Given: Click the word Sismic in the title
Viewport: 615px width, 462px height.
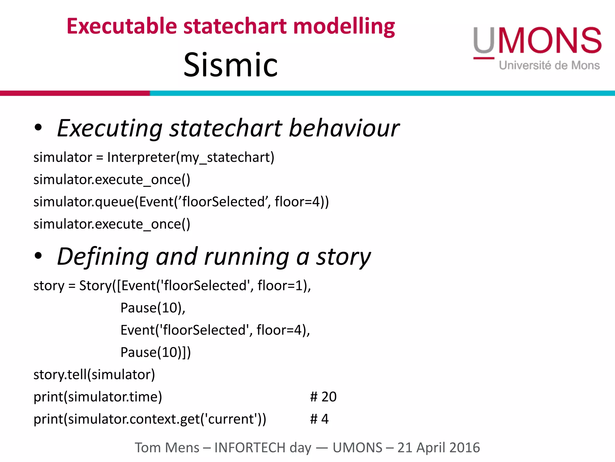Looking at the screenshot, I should pyautogui.click(x=231, y=64).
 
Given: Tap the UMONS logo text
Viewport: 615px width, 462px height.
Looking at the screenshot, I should pyautogui.click(x=537, y=40).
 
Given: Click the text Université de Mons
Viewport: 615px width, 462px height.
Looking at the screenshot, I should pyautogui.click(x=549, y=65).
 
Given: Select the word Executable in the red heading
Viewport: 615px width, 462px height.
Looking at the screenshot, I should pyautogui.click(x=122, y=26).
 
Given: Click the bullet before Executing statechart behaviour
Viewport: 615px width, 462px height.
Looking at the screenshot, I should pyautogui.click(x=38, y=128).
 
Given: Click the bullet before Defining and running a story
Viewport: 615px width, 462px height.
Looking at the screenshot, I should pyautogui.click(x=38, y=256).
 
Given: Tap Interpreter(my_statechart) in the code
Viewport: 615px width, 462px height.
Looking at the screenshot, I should pyautogui.click(x=191, y=157).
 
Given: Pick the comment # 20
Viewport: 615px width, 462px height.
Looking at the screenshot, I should pyautogui.click(x=323, y=397).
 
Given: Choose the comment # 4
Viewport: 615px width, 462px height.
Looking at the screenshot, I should pyautogui.click(x=319, y=419).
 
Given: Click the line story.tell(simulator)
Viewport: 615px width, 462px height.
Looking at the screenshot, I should pyautogui.click(x=94, y=374).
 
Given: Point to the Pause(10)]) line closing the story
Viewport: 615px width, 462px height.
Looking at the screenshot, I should pyautogui.click(x=156, y=352).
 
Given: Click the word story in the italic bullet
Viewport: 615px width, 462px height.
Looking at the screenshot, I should pyautogui.click(x=343, y=257).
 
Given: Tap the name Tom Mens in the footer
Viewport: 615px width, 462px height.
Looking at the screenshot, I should pyautogui.click(x=167, y=448).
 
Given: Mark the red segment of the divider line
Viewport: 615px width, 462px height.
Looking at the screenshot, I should pyautogui.click(x=75, y=93).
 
